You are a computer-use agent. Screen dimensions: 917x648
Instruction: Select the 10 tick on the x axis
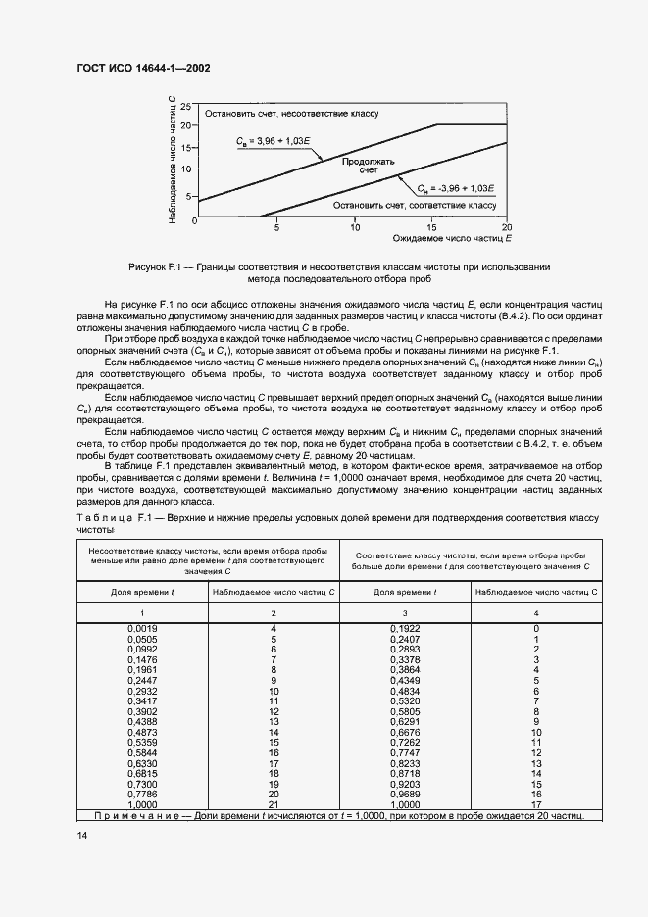point(354,225)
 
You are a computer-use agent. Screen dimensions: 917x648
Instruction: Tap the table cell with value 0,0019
point(143,627)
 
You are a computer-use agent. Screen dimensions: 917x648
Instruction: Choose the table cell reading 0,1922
point(405,627)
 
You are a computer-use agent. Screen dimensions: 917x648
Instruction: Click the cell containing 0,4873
point(143,733)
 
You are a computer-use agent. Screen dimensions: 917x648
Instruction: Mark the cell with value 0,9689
point(405,795)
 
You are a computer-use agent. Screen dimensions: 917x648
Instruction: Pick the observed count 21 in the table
point(274,803)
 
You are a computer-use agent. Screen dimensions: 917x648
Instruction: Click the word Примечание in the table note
point(130,815)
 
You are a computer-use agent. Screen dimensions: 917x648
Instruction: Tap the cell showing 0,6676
point(405,733)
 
